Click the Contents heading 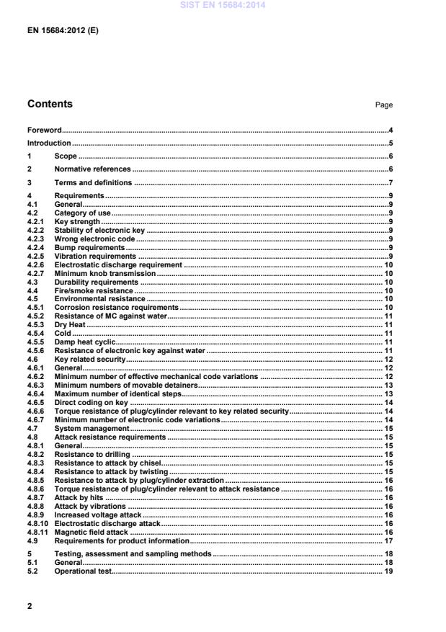click(50, 104)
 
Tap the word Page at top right click(383, 105)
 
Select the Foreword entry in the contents click(44, 130)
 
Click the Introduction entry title click(49, 143)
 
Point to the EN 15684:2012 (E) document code click(58, 31)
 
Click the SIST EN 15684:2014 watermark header click(223, 6)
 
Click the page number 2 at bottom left click(30, 606)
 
